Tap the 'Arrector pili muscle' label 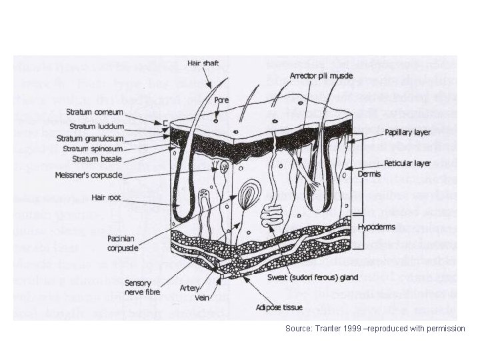(317, 75)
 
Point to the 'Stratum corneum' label (115, 114)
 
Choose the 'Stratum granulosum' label (111, 138)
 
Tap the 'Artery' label (189, 288)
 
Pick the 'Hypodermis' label (377, 227)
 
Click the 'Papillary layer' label (407, 133)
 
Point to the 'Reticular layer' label (407, 163)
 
